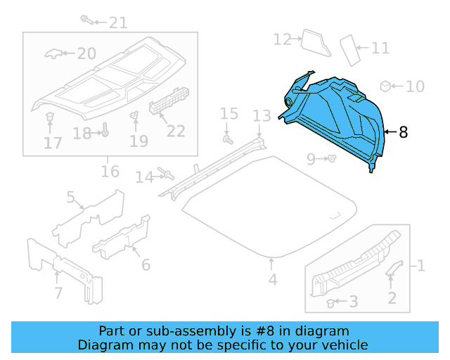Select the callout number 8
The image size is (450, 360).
pyautogui.click(x=403, y=131)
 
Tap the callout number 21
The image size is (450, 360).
pyautogui.click(x=117, y=22)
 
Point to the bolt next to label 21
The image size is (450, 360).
pyautogui.click(x=86, y=19)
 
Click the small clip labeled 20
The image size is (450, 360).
pyautogui.click(x=53, y=53)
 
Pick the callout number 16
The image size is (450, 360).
pyautogui.click(x=110, y=172)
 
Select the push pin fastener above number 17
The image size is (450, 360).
pyautogui.click(x=50, y=116)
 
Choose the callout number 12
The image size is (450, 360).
pyautogui.click(x=282, y=39)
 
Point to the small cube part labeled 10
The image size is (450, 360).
pyautogui.click(x=385, y=86)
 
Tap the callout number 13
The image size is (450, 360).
pyautogui.click(x=262, y=115)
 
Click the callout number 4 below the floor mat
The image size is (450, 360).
pyautogui.click(x=272, y=280)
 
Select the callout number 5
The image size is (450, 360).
pyautogui.click(x=70, y=197)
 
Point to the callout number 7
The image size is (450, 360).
pyautogui.click(x=58, y=292)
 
